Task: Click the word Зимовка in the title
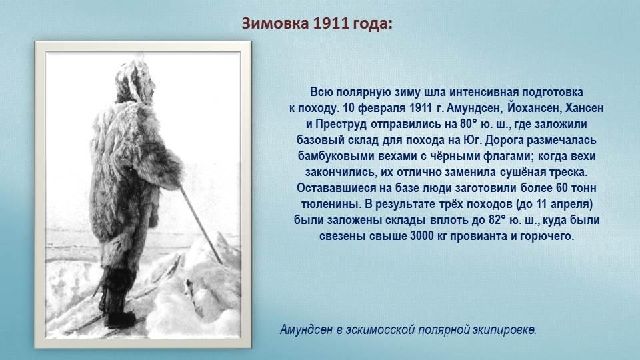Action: tap(275, 23)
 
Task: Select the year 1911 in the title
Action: tap(331, 23)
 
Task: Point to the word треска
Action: tap(569, 172)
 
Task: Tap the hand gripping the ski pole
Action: tap(173, 184)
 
